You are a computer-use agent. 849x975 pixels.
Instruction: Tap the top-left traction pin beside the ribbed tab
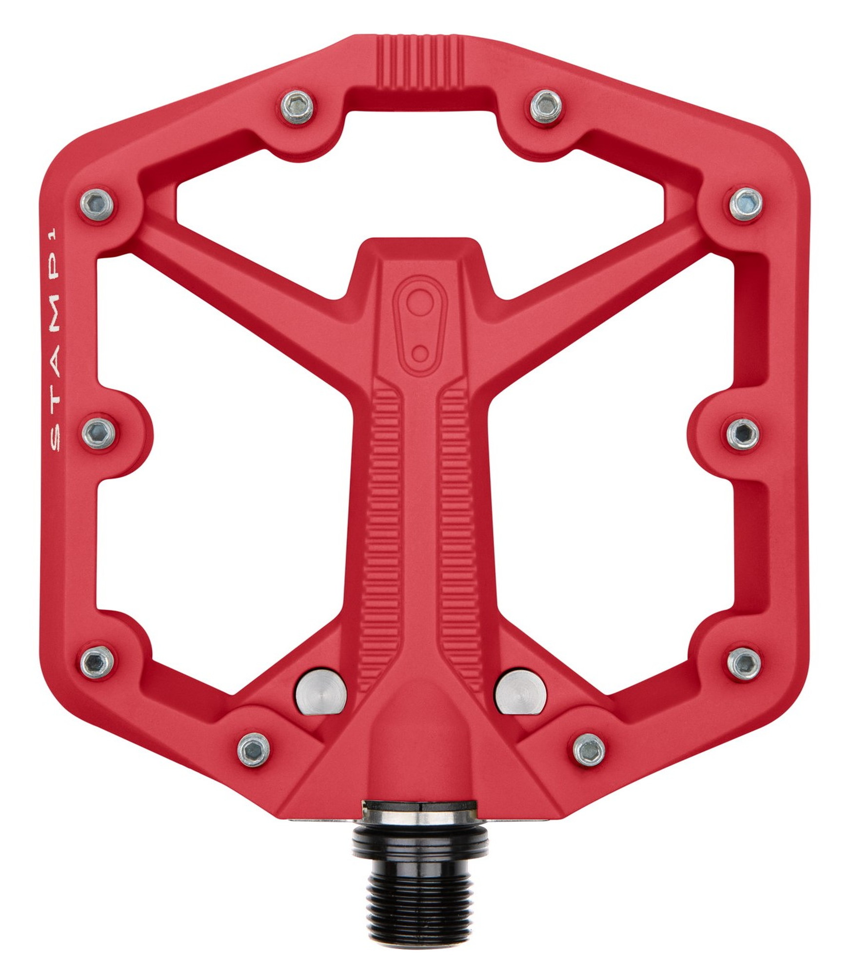[x=297, y=107]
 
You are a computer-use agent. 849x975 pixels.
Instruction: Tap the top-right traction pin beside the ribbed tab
[x=546, y=107]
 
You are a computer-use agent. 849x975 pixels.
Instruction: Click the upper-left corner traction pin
[x=97, y=204]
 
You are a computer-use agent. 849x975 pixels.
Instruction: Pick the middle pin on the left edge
[x=99, y=434]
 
